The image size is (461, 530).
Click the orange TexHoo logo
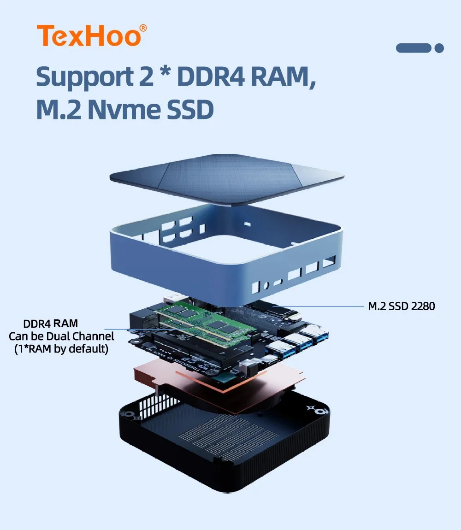coord(92,35)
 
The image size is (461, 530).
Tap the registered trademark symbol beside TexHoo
coord(143,28)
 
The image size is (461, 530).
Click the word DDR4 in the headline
coord(210,77)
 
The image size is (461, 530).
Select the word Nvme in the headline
coord(124,110)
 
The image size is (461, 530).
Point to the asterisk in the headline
coord(165,72)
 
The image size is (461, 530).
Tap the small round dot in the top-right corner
coord(439,48)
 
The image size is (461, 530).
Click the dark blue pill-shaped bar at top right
coord(414,48)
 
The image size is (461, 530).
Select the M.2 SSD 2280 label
coord(402,306)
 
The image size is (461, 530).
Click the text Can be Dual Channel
coord(61,336)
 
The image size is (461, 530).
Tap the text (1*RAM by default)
coord(61,349)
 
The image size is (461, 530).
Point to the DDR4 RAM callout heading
coord(50,324)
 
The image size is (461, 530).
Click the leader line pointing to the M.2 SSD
coord(318,306)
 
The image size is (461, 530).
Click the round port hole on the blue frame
coord(266,286)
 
